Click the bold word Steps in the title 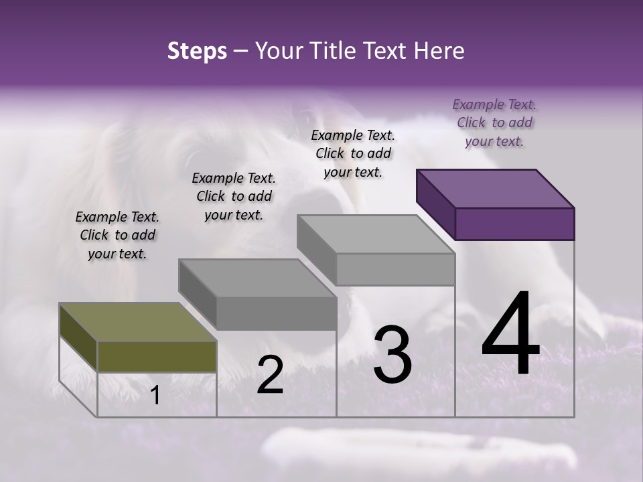(197, 52)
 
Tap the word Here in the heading (439, 52)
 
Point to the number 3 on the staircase (392, 355)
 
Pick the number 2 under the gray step (270, 375)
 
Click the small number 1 (155, 396)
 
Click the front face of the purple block (514, 224)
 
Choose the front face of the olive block (157, 356)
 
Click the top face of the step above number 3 (376, 234)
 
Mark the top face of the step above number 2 (257, 278)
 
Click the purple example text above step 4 (494, 123)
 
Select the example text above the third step (353, 153)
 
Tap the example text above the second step (234, 196)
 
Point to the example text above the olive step (117, 235)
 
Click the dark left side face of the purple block (435, 204)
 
